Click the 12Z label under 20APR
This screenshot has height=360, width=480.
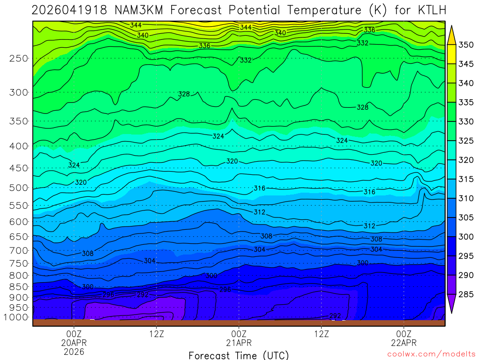pyautogui.click(x=156, y=334)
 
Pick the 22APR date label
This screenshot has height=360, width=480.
pyautogui.click(x=404, y=343)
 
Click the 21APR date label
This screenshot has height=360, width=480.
pyautogui.click(x=239, y=343)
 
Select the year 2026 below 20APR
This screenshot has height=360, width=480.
pyautogui.click(x=74, y=351)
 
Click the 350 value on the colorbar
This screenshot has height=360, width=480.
pyautogui.click(x=466, y=45)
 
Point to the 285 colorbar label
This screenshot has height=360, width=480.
pyautogui.click(x=466, y=294)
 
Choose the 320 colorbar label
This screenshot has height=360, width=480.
pyautogui.click(x=466, y=160)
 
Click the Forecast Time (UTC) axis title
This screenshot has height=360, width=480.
pyautogui.click(x=239, y=355)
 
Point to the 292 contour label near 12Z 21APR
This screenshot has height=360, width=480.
pyautogui.click(x=335, y=315)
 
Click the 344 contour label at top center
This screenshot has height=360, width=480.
pyautogui.click(x=246, y=28)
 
